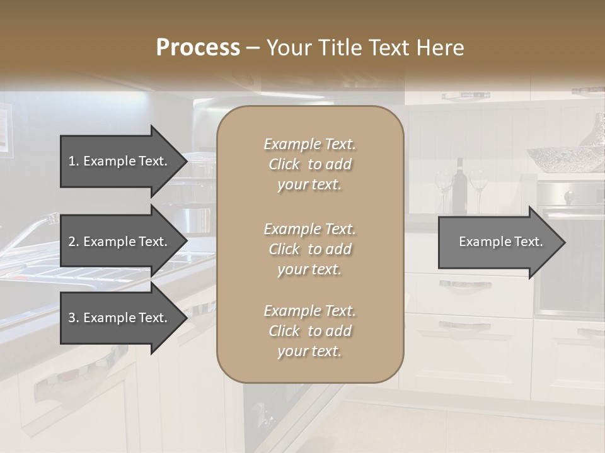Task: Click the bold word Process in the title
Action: pyautogui.click(x=198, y=47)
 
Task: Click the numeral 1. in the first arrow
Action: pyautogui.click(x=74, y=161)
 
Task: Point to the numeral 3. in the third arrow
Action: pyautogui.click(x=74, y=318)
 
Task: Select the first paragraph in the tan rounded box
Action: pyautogui.click(x=309, y=164)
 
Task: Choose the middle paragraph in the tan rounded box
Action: pyautogui.click(x=309, y=249)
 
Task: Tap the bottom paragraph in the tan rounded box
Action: pyautogui.click(x=309, y=331)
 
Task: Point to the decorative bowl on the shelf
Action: pyautogui.click(x=553, y=159)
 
